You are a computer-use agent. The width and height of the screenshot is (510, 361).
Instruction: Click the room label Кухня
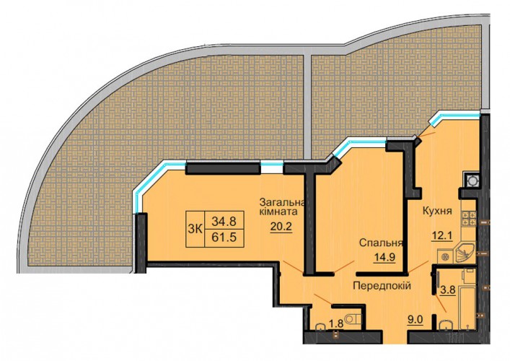[437, 211]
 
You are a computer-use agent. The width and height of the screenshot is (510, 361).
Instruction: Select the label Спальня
[381, 243]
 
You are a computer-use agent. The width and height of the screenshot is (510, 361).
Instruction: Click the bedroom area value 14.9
[384, 257]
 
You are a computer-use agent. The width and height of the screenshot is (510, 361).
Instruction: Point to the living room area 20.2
[281, 227]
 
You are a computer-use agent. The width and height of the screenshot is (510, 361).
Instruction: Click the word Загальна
[282, 202]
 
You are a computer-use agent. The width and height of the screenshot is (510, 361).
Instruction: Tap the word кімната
[278, 212]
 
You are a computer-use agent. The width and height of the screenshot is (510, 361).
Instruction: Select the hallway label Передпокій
[382, 286]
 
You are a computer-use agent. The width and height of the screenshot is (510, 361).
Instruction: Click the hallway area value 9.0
[416, 320]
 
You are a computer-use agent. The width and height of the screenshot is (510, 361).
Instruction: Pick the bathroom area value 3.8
[448, 290]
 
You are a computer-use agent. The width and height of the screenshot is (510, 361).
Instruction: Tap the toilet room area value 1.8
[336, 323]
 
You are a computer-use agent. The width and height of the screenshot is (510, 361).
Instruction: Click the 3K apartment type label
[195, 229]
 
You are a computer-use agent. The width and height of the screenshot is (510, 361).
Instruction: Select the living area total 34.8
[224, 222]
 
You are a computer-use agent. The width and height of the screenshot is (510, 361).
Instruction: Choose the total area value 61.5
[224, 238]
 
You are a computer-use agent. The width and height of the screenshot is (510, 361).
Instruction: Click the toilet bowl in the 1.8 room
[353, 318]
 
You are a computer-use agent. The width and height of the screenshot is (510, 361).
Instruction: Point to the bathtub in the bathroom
[467, 307]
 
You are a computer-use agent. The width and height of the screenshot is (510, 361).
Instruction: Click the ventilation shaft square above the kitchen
[472, 180]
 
